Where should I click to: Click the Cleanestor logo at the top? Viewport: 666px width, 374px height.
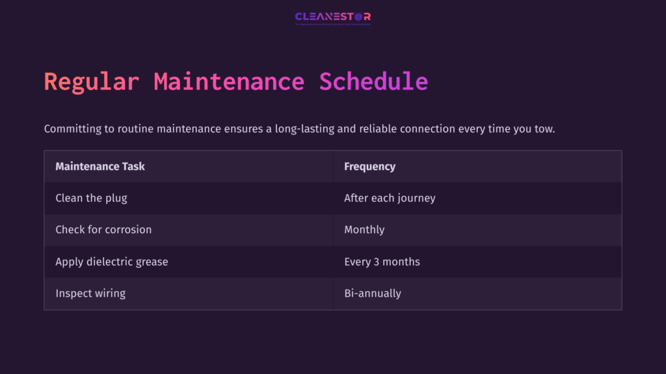coord(332,18)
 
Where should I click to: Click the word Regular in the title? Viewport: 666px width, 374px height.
coord(91,82)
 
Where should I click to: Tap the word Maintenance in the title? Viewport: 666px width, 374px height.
coord(229,82)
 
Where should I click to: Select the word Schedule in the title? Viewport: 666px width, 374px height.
coord(373,82)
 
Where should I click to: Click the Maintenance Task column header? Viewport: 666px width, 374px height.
coord(100,166)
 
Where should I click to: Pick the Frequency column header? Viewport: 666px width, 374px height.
coord(369,166)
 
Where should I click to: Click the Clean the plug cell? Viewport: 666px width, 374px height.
coord(91,198)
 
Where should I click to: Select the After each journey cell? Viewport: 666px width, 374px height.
coord(390,198)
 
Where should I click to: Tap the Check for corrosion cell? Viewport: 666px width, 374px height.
coord(103,230)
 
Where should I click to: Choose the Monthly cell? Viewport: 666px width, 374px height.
coord(364,230)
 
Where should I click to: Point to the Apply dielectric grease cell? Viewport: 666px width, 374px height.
coord(112,262)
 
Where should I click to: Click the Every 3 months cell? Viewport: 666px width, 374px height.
coord(382,262)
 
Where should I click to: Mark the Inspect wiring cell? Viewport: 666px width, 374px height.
coord(90,293)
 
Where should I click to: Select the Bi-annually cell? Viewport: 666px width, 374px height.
coord(373,293)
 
